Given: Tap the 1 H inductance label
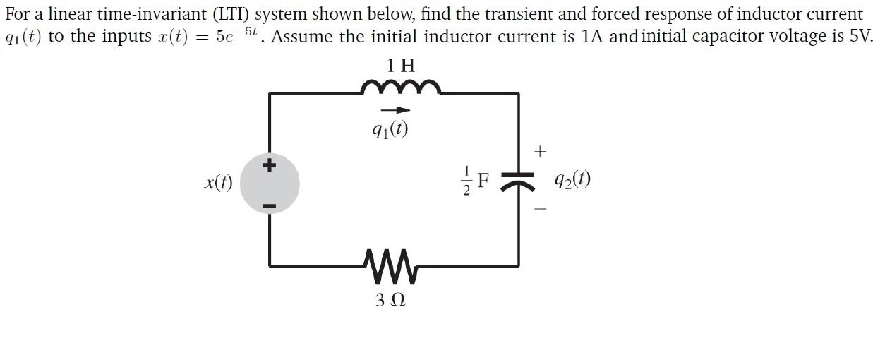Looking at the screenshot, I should tap(401, 66).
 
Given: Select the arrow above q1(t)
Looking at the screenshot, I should tap(395, 110).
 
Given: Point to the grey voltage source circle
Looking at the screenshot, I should tap(270, 185).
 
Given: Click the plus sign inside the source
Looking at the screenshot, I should tap(268, 167).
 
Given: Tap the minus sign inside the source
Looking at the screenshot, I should tap(269, 206).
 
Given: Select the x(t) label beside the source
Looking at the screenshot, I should tap(218, 182).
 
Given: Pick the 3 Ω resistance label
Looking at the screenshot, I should tap(390, 300).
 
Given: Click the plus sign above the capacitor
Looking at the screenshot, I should tap(541, 151).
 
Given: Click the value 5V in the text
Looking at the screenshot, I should tap(860, 36).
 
